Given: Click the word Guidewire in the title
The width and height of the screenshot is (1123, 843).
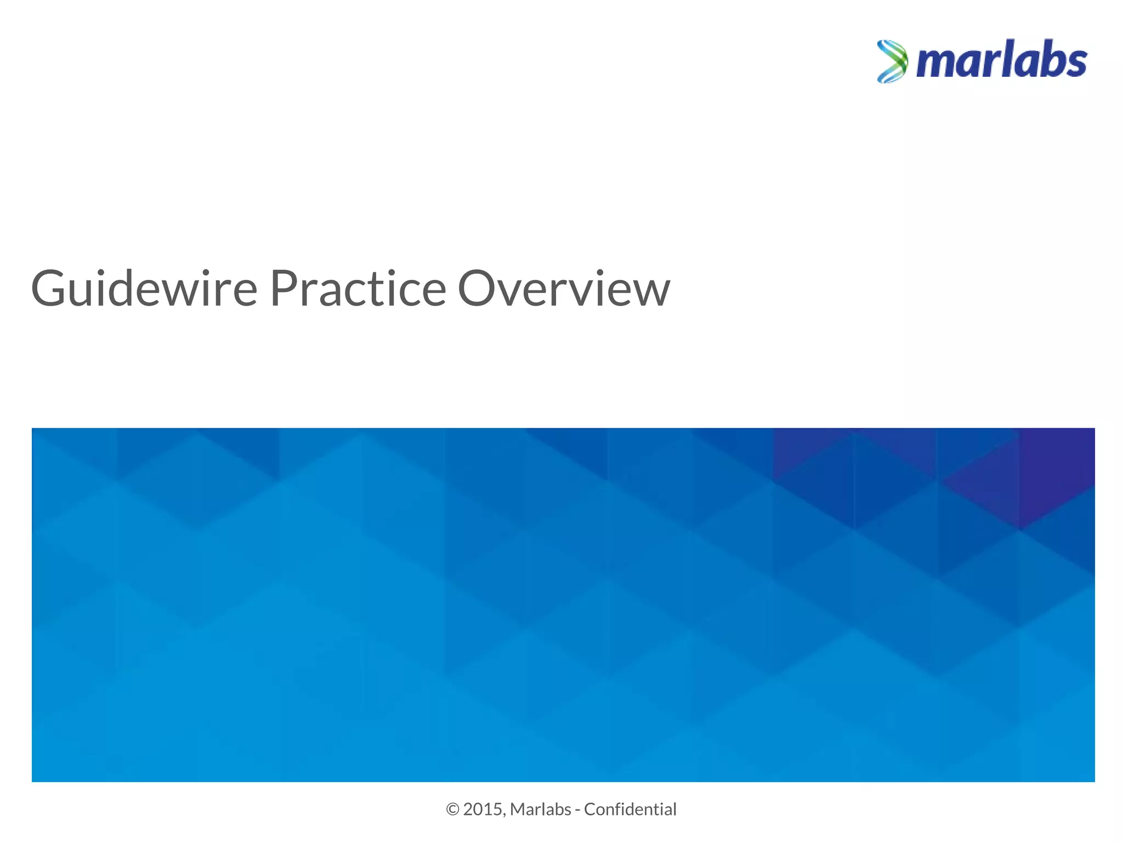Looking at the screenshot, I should pyautogui.click(x=144, y=289).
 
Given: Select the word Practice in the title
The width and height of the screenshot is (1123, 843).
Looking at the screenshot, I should pyautogui.click(x=358, y=289).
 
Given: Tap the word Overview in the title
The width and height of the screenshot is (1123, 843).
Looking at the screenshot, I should pyautogui.click(x=564, y=289).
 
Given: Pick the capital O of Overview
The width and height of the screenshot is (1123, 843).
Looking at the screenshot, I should pyautogui.click(x=478, y=289).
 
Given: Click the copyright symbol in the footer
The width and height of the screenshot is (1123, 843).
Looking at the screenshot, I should pyautogui.click(x=452, y=810).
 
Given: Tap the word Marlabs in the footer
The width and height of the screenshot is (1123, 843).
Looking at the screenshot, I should pyautogui.click(x=540, y=810).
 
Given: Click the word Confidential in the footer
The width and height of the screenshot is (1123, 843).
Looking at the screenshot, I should pyautogui.click(x=630, y=810).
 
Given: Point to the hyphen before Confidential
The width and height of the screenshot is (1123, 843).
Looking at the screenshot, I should pyautogui.click(x=578, y=811).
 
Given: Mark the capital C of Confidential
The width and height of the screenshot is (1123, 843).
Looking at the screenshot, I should pyautogui.click(x=590, y=810).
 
